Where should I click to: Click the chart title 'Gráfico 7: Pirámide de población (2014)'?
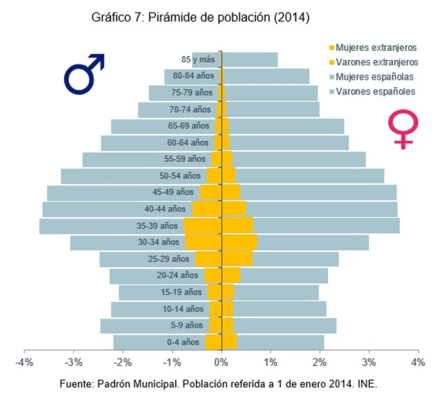coord(200,18)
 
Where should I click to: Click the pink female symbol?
coord(403,129)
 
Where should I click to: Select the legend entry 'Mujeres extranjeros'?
coord(375,47)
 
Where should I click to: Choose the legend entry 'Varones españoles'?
coord(375,91)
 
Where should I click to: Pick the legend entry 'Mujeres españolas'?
coord(375,76)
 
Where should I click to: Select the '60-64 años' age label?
coord(187,142)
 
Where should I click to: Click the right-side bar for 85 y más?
coord(251,59)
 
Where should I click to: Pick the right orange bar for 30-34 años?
coord(240,242)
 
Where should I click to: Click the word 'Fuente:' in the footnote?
coord(76,386)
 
